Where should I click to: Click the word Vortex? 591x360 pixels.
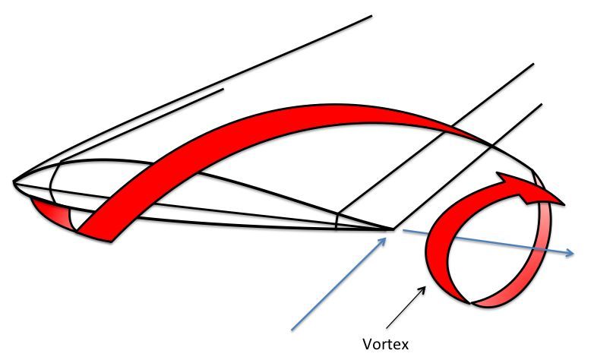pyautogui.click(x=385, y=344)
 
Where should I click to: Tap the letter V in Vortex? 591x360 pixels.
pyautogui.click(x=367, y=344)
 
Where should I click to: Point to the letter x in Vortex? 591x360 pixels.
pyautogui.click(x=404, y=346)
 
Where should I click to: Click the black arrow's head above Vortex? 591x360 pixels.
pyautogui.click(x=423, y=289)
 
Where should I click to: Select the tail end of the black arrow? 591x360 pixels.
pyautogui.click(x=387, y=328)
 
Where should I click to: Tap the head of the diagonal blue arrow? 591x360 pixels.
pyautogui.click(x=383, y=242)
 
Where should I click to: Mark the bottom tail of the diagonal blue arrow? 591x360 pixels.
pyautogui.click(x=292, y=330)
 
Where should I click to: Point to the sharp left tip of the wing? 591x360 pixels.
pyautogui.click(x=14, y=182)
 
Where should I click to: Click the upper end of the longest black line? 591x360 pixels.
pyautogui.click(x=371, y=16)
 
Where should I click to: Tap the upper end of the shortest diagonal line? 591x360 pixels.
pyautogui.click(x=223, y=90)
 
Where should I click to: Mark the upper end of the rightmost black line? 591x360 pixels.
pyautogui.click(x=542, y=104)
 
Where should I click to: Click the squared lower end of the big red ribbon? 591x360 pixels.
pyautogui.click(x=94, y=235)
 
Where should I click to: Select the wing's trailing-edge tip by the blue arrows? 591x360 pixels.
pyautogui.click(x=393, y=229)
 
